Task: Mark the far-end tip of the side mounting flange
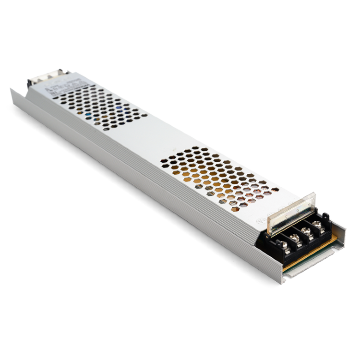[11, 91]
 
